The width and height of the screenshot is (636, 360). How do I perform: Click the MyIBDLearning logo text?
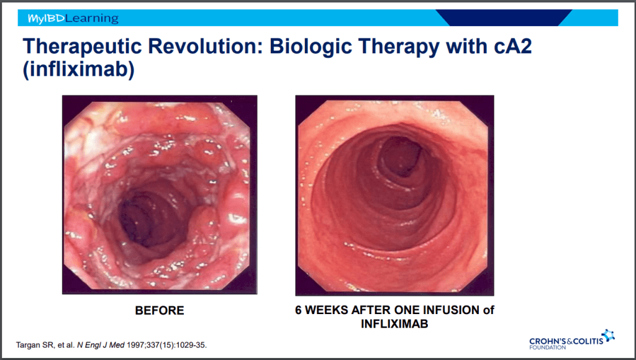(x=73, y=18)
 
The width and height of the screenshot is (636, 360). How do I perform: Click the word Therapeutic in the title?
(x=82, y=47)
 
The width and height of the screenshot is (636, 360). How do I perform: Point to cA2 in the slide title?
(x=512, y=46)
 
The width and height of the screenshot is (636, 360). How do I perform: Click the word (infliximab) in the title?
(x=79, y=69)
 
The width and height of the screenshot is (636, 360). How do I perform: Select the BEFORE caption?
(x=160, y=310)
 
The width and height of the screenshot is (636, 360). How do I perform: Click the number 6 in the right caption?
(x=298, y=310)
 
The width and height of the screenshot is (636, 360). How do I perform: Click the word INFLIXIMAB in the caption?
(x=394, y=324)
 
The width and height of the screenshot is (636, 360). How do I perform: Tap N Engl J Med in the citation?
(x=101, y=345)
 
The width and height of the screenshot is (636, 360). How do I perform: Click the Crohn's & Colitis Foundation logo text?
(x=566, y=343)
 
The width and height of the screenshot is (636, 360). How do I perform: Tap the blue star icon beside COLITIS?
(x=608, y=335)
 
